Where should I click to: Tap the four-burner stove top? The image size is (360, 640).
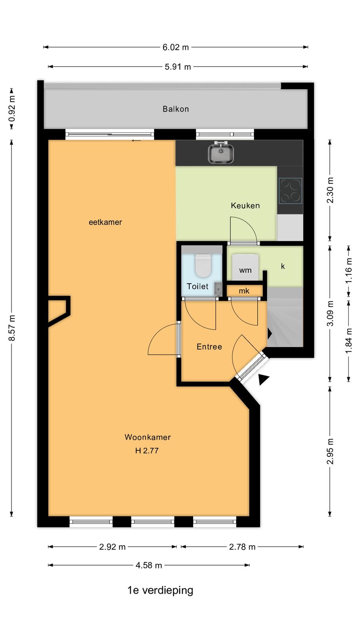click(290, 191)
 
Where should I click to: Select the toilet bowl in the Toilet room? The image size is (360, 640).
click(203, 265)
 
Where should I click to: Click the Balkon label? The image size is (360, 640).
click(176, 109)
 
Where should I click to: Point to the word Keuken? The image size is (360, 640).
click(245, 206)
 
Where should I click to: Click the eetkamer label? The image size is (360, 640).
click(105, 222)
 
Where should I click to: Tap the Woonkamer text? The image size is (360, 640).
click(148, 437)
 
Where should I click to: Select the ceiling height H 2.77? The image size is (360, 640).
click(147, 450)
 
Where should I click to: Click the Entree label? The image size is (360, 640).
click(209, 346)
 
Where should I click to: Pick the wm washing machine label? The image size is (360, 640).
click(245, 270)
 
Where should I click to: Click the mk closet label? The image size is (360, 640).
click(244, 291)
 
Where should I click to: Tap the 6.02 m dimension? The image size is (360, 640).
click(176, 47)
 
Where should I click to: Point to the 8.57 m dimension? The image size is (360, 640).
click(12, 328)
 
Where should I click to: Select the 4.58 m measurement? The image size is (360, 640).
click(149, 565)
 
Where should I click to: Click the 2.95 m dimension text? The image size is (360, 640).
click(330, 452)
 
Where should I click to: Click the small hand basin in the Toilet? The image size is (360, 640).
click(218, 290)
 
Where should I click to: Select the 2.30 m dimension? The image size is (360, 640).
click(330, 190)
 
